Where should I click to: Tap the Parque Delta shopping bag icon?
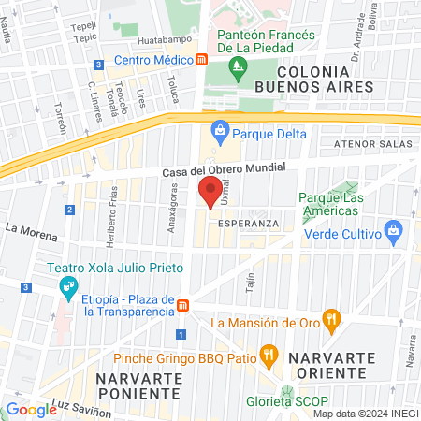coord(220,129)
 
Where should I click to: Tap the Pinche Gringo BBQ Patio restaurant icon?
coord(269,356)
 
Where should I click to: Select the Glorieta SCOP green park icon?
coord(287,393)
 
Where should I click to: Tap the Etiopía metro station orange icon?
coord(185,305)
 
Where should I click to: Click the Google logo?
coord(31,408)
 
